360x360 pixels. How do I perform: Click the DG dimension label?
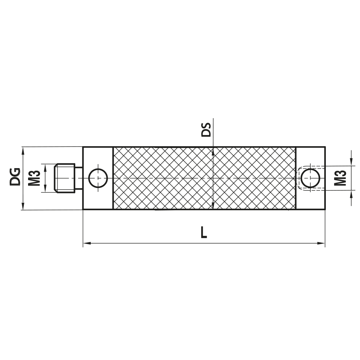pos(15,176)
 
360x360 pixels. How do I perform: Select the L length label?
pos(204,233)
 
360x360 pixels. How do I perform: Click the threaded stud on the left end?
pos(65,178)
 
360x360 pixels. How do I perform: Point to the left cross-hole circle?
pos(98,178)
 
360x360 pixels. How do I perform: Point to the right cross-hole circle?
pos(310,178)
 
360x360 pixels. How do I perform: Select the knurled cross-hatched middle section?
pos(204,178)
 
